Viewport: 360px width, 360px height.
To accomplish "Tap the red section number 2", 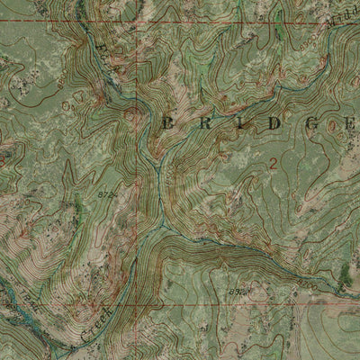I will pyautogui.click(x=273, y=162).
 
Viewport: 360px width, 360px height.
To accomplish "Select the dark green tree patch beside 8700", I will pyautogui.click(x=345, y=277).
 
